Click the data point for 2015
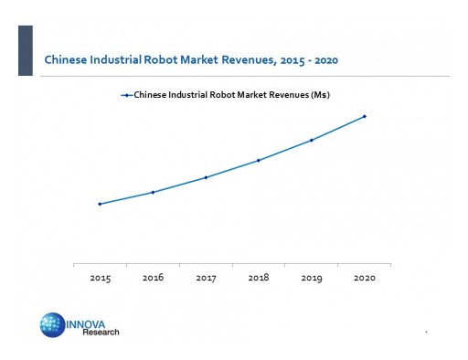(x=100, y=204)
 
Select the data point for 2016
(x=153, y=192)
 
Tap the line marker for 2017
(x=206, y=177)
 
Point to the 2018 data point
(x=259, y=160)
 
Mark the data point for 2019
(x=312, y=140)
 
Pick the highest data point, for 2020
(x=365, y=116)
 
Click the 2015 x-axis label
(x=100, y=277)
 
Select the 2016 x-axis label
(x=153, y=277)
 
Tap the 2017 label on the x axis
(x=206, y=277)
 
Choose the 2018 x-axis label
(x=259, y=277)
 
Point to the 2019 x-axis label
(x=312, y=277)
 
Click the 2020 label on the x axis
(x=365, y=277)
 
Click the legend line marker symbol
(x=126, y=94)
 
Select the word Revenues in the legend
(x=271, y=94)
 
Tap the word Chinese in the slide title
(x=64, y=61)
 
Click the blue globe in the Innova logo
(x=52, y=325)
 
